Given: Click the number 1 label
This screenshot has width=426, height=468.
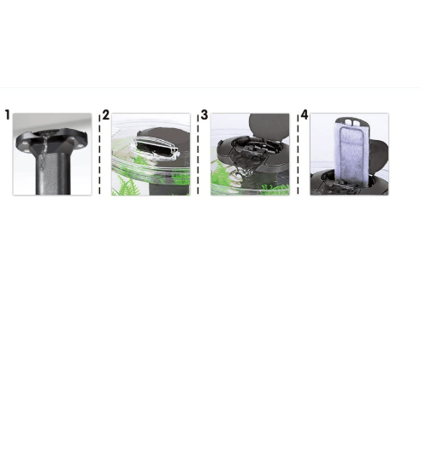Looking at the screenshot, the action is (x=8, y=116).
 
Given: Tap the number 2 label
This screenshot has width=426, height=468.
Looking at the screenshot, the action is (x=106, y=115).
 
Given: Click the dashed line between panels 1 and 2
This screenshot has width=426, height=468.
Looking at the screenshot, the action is (x=99, y=155).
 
